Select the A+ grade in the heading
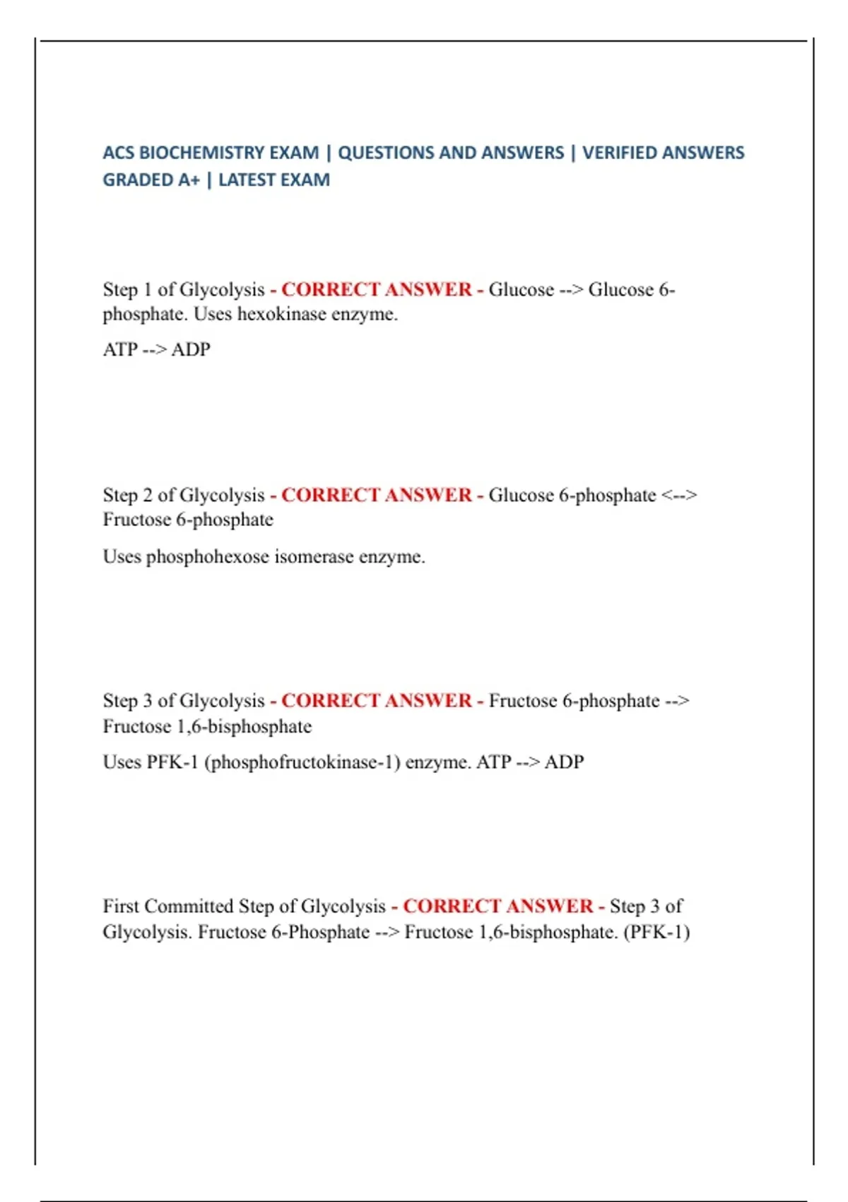coord(189,180)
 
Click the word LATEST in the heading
coord(247,180)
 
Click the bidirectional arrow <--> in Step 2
coord(679,495)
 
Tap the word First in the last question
coord(121,906)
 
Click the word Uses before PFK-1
coord(122,762)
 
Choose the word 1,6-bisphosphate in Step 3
coord(244,726)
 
